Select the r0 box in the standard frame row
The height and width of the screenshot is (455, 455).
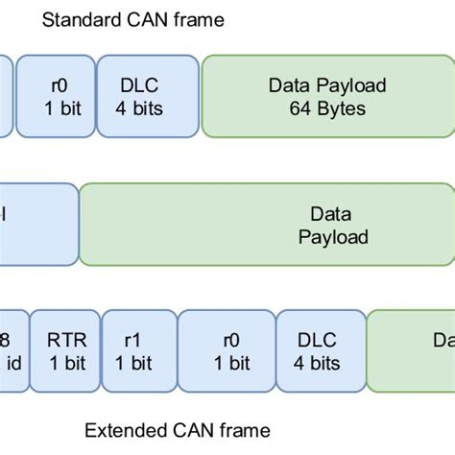(57, 97)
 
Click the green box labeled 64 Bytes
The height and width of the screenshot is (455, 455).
(327, 97)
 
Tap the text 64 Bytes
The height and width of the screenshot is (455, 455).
(327, 108)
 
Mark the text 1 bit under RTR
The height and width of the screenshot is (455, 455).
(66, 363)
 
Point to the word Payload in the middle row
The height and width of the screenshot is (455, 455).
(332, 236)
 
